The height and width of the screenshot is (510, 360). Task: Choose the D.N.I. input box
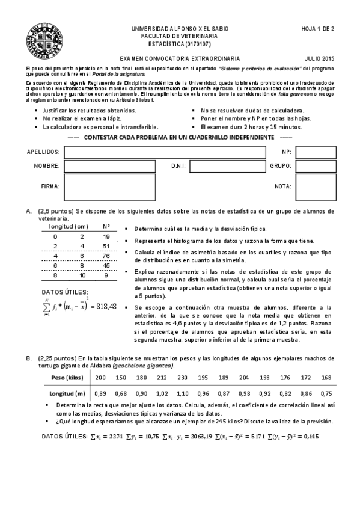pos(219,166)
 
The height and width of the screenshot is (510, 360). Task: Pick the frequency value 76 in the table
pos(106,254)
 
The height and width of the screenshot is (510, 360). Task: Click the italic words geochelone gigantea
pos(147,366)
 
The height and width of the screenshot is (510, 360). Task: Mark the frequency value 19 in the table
pos(106,236)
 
